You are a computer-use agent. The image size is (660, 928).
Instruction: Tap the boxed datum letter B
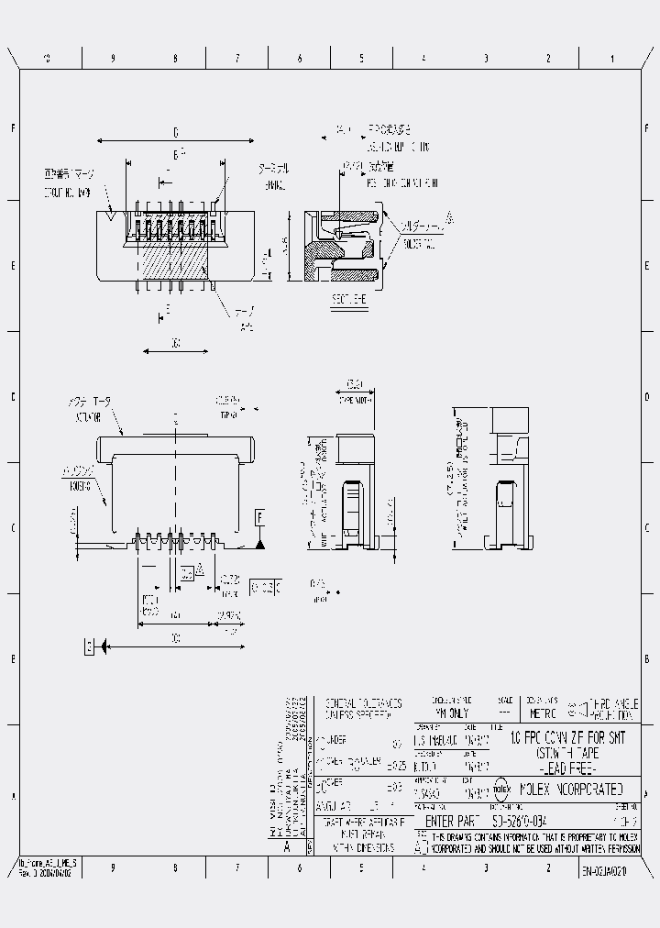click(x=89, y=647)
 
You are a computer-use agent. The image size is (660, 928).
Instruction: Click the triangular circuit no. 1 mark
click(x=111, y=216)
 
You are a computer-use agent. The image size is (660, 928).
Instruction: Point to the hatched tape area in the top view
click(x=174, y=261)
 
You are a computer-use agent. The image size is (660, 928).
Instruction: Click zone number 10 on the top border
click(x=47, y=59)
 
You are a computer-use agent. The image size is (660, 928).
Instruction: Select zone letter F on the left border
click(x=12, y=128)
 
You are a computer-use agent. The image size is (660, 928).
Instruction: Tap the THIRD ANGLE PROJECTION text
click(x=610, y=706)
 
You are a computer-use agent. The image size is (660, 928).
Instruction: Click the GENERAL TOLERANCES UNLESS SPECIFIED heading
click(x=363, y=707)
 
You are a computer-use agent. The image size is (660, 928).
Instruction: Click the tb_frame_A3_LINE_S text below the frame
click(x=49, y=863)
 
